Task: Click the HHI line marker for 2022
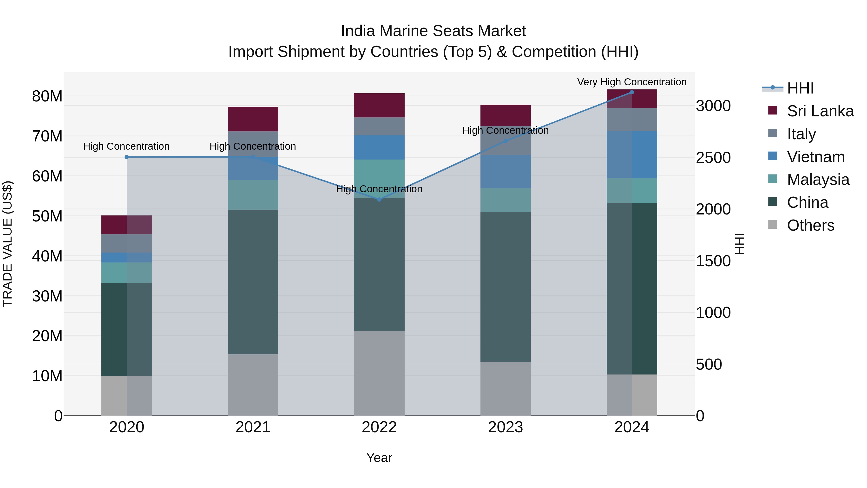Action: click(x=379, y=199)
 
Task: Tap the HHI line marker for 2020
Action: click(x=126, y=157)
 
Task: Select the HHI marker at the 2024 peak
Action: click(x=631, y=92)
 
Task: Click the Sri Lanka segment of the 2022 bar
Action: click(x=379, y=105)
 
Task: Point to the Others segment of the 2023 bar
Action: click(x=505, y=389)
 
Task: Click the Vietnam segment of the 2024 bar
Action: click(x=631, y=154)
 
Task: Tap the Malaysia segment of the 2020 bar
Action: click(x=126, y=273)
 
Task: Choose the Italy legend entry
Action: click(x=801, y=134)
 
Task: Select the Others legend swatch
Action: click(x=773, y=225)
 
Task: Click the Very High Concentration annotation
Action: click(x=632, y=82)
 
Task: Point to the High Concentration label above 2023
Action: click(x=505, y=130)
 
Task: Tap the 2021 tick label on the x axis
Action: click(x=253, y=427)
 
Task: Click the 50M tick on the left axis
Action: click(x=47, y=216)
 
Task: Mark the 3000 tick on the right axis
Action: click(x=713, y=106)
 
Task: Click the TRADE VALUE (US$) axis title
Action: click(x=7, y=244)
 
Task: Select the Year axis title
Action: click(x=379, y=458)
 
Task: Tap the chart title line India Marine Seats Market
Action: click(x=433, y=31)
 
